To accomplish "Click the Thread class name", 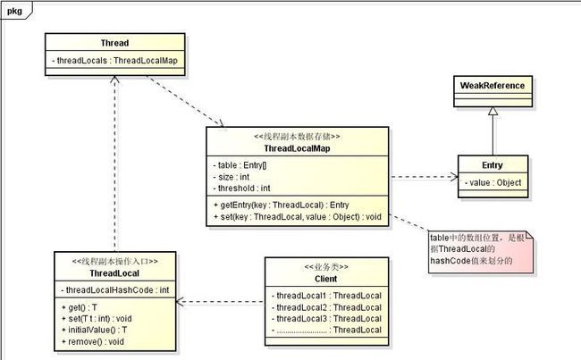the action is (x=115, y=43).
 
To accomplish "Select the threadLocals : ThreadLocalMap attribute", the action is (x=115, y=61).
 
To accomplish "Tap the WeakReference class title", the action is (x=493, y=86).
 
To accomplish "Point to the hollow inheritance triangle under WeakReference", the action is (x=493, y=111).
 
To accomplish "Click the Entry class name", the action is (x=493, y=165).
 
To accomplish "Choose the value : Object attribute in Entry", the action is (x=493, y=182).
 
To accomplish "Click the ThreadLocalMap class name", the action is (x=297, y=148).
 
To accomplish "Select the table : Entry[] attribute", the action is (x=240, y=165).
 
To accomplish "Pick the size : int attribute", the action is (x=232, y=177).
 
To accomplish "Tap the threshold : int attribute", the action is (x=241, y=188).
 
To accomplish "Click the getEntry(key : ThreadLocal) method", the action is (x=282, y=205).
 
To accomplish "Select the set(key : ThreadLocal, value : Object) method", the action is (x=298, y=217).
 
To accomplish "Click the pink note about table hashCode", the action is (x=481, y=252).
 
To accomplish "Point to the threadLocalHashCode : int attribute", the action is (x=115, y=290).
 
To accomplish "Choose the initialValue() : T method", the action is (x=94, y=330).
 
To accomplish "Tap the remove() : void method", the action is (x=93, y=342).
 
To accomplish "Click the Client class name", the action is (x=326, y=279).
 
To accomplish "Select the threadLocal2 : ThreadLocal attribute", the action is (x=326, y=307).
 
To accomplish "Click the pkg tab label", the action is (x=14, y=11).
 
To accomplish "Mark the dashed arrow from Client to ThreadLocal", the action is (x=221, y=302).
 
